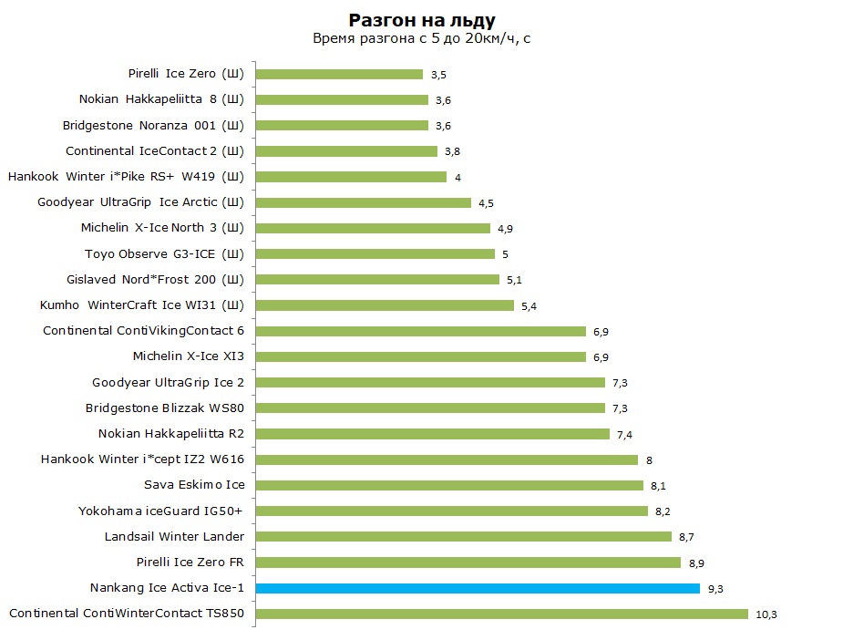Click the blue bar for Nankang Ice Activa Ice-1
click(x=478, y=588)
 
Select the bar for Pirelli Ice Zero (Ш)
click(x=339, y=74)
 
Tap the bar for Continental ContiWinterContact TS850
click(x=502, y=614)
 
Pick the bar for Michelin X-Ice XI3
click(x=421, y=356)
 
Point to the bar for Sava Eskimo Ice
click(x=449, y=485)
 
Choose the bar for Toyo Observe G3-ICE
click(x=375, y=253)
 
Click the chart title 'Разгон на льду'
click(x=422, y=20)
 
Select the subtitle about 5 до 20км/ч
click(x=422, y=38)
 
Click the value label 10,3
click(x=766, y=614)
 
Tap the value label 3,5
click(x=438, y=75)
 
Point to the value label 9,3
click(x=715, y=589)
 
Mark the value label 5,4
click(x=529, y=306)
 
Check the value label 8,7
click(x=686, y=537)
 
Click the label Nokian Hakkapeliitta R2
click(x=171, y=433)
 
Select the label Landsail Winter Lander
click(x=174, y=536)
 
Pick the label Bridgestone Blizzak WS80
click(x=165, y=408)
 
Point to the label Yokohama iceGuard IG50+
click(x=160, y=511)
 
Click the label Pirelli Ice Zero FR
click(x=190, y=562)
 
